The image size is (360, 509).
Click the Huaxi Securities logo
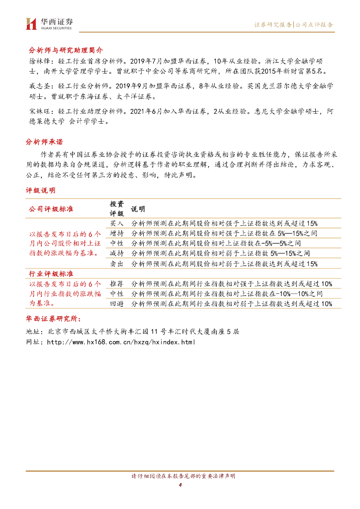(49, 23)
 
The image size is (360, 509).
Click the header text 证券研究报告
(273, 24)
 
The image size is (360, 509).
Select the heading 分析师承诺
(44, 142)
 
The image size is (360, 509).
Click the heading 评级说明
(41, 190)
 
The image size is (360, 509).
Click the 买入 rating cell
(116, 223)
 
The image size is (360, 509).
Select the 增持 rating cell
(116, 233)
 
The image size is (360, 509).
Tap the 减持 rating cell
(116, 254)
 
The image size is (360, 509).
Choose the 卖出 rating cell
(116, 263)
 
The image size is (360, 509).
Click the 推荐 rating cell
(116, 283)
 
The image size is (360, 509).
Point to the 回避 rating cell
(116, 303)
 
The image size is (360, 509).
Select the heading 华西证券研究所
(55, 319)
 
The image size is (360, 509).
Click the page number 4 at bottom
(180, 485)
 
